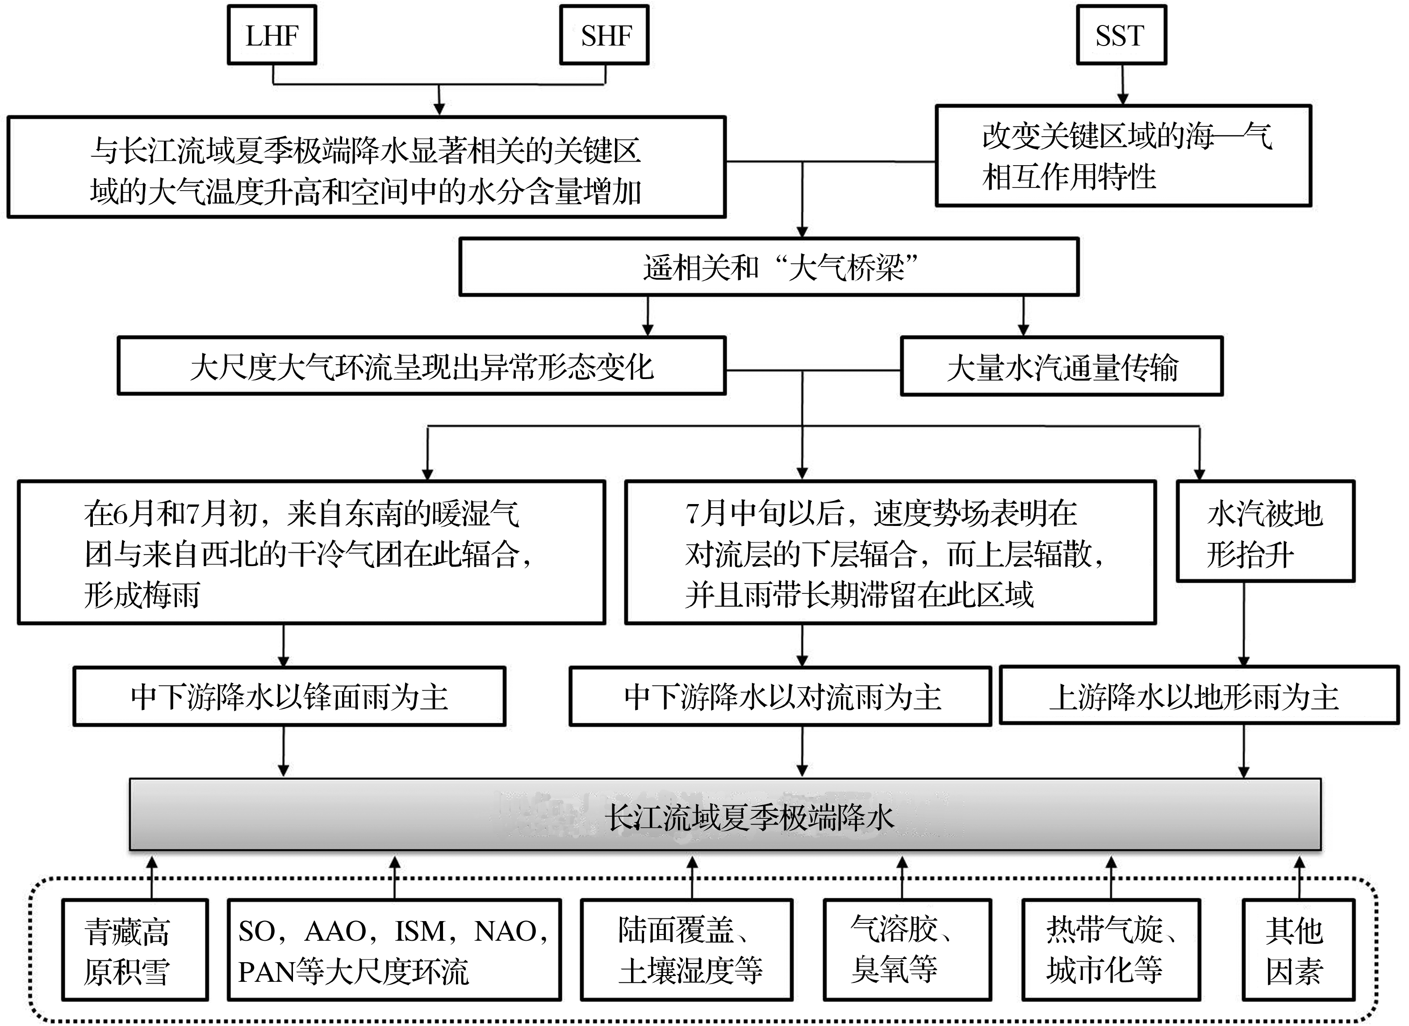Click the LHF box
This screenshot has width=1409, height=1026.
pos(272,35)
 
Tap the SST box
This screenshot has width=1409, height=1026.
pos(1121,35)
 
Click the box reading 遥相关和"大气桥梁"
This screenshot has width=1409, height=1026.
pos(769,267)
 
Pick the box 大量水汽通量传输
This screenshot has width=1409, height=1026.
pos(1062,367)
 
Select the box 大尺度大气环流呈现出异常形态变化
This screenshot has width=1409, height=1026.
pos(422,367)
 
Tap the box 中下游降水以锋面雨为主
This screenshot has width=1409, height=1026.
pos(289,696)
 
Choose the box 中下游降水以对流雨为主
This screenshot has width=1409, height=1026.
pos(780,696)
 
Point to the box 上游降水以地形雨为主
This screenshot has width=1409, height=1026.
pos(1199,696)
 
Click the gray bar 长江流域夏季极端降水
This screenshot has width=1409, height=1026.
pos(725,815)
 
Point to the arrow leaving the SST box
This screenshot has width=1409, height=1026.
pos(1122,84)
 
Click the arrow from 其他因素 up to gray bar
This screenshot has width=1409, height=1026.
pos(1299,877)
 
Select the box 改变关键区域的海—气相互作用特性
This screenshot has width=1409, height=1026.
pos(1123,156)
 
